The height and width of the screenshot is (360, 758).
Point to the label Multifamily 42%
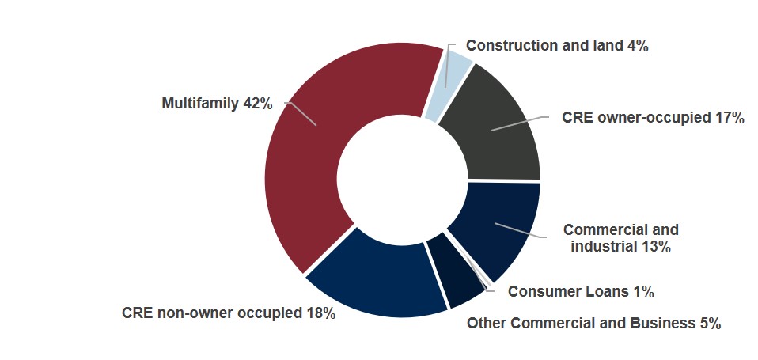[x=217, y=103]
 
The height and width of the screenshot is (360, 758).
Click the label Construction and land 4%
[x=557, y=46]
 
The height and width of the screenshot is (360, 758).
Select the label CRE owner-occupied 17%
[x=653, y=118]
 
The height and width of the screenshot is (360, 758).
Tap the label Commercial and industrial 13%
[x=620, y=238]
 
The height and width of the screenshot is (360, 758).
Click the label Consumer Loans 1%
[x=580, y=292]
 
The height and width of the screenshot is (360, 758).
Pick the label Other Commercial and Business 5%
[x=593, y=323]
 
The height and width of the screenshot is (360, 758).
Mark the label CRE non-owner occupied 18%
[x=229, y=313]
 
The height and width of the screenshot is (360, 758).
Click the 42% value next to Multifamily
[x=258, y=103]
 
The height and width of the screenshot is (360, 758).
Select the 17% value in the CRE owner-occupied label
[x=728, y=118]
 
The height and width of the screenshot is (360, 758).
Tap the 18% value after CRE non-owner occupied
[x=320, y=313]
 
